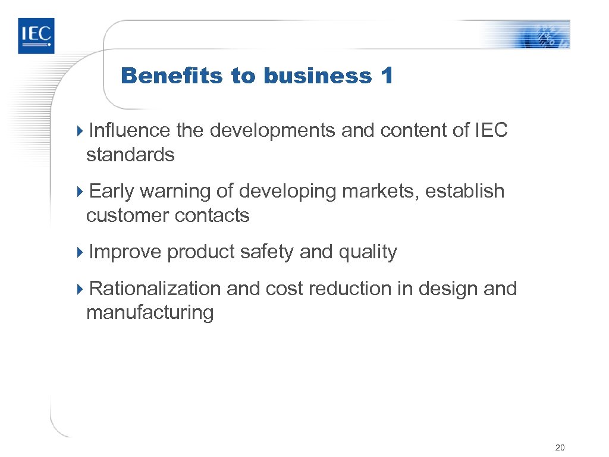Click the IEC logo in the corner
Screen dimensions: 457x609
pyautogui.click(x=36, y=35)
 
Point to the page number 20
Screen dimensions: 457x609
pyautogui.click(x=559, y=447)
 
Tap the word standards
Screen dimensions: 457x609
pyautogui.click(x=130, y=155)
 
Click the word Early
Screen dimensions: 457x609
pyautogui.click(x=112, y=191)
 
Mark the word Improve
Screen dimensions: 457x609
pyautogui.click(x=125, y=252)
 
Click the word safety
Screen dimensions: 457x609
pyautogui.click(x=267, y=252)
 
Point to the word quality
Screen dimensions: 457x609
pyautogui.click(x=367, y=253)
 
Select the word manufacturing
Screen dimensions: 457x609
pyautogui.click(x=150, y=313)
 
